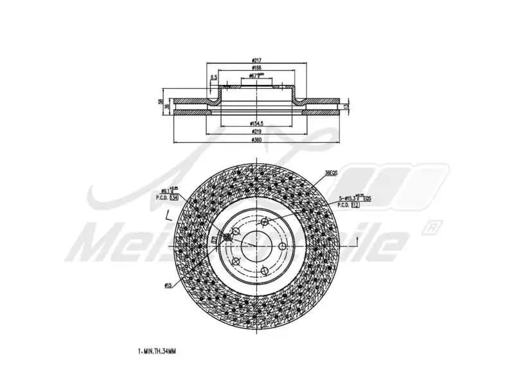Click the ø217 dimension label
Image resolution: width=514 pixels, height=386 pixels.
point(256,61)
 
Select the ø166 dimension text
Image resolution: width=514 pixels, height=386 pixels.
point(256,68)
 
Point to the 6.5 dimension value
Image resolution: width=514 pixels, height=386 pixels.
point(213,78)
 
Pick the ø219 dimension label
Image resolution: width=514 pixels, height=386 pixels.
point(256,131)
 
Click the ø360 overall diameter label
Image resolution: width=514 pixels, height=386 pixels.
point(256,140)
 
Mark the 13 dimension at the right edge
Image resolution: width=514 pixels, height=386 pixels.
point(346,107)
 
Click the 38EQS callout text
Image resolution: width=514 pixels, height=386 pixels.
point(331,173)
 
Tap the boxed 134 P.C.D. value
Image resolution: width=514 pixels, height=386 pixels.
point(173,199)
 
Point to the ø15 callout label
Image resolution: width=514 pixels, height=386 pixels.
point(168,285)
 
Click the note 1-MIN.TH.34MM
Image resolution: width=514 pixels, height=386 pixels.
point(157,351)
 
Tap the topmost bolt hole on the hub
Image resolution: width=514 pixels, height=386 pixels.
point(264,223)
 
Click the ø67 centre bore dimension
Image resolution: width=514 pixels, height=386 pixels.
point(257,76)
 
